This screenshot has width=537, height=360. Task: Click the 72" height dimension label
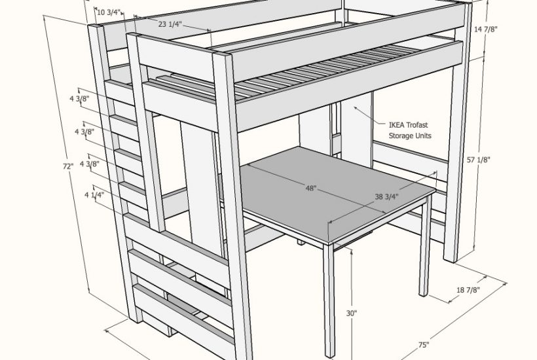[x=67, y=167]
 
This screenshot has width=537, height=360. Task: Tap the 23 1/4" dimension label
[x=170, y=24]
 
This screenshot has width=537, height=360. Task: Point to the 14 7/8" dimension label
[x=486, y=29]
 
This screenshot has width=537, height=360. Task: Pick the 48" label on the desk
[x=311, y=189]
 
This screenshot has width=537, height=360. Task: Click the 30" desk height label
[x=352, y=314]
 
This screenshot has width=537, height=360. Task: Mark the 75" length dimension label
[x=424, y=345]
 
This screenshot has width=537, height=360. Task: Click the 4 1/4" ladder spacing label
[x=94, y=194]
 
